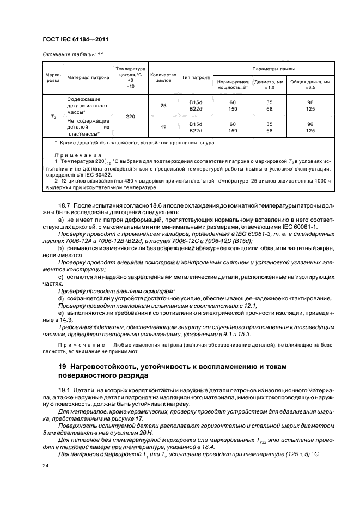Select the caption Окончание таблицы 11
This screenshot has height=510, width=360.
pyautogui.click(x=70, y=54)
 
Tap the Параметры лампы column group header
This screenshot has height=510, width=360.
pyautogui.click(x=267, y=69)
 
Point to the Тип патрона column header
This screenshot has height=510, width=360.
pyautogui.click(x=196, y=77)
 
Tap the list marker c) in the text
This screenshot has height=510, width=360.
pyautogui.click(x=60, y=276)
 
